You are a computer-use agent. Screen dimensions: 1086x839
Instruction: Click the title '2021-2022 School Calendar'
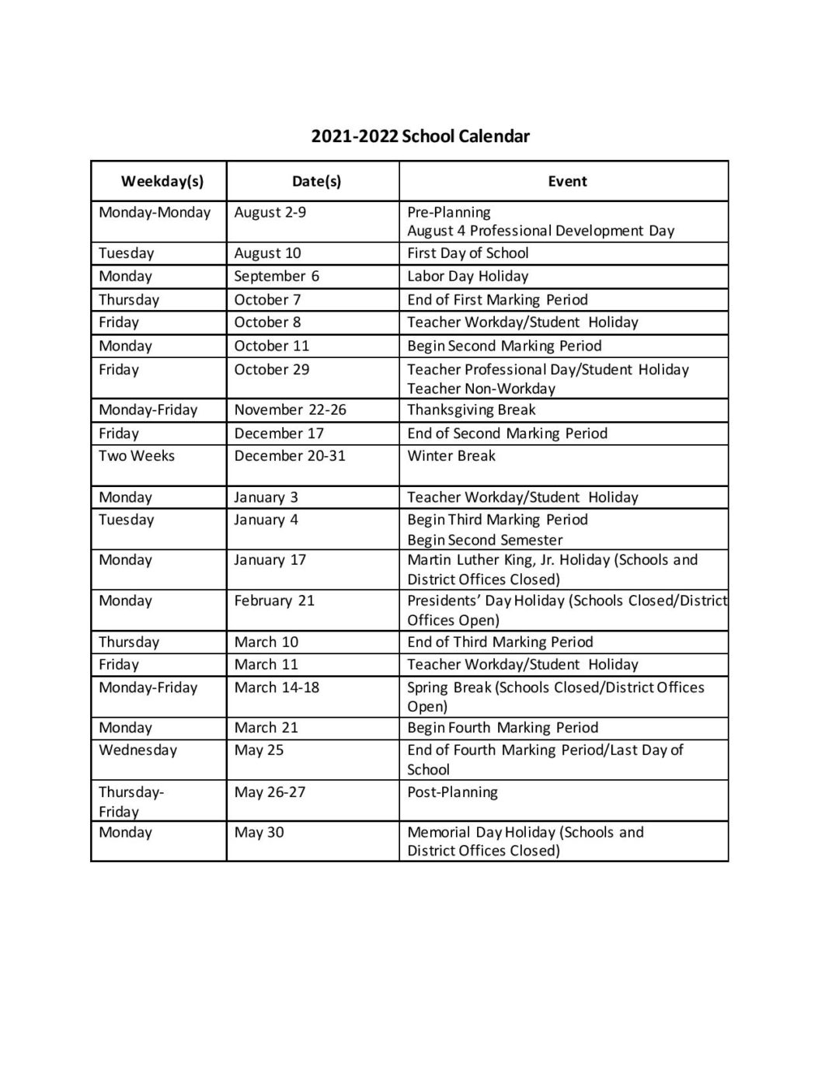point(420,137)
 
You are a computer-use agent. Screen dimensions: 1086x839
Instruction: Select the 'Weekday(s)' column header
point(162,182)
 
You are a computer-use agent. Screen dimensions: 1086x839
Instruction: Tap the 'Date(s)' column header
point(316,182)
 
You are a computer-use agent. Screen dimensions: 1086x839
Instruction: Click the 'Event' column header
point(567,182)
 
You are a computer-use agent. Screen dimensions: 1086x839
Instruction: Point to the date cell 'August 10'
point(267,253)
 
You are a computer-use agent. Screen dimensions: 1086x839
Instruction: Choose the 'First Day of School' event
point(468,253)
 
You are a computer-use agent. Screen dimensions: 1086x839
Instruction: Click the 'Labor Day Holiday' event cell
point(468,277)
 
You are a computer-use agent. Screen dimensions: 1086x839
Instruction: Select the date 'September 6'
point(277,277)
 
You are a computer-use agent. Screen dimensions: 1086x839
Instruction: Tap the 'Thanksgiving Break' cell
point(472,410)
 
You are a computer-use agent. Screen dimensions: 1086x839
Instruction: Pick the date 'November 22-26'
point(290,410)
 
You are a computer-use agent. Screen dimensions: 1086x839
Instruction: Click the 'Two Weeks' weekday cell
point(137,456)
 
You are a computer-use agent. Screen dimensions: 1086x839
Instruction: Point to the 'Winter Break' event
point(451,456)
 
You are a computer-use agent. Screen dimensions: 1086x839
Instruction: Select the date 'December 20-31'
point(289,456)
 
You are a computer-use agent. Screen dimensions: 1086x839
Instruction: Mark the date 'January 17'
point(270,560)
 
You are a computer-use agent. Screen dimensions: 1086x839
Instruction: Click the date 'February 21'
point(274,600)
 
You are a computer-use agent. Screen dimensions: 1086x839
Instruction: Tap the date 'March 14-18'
point(277,687)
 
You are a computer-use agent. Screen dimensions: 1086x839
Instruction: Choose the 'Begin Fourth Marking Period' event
point(503,728)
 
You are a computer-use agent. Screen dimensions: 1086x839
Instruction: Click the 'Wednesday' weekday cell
point(138,750)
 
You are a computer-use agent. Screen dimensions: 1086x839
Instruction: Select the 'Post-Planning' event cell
point(452,792)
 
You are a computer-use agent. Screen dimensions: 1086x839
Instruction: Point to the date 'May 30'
point(259,833)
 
